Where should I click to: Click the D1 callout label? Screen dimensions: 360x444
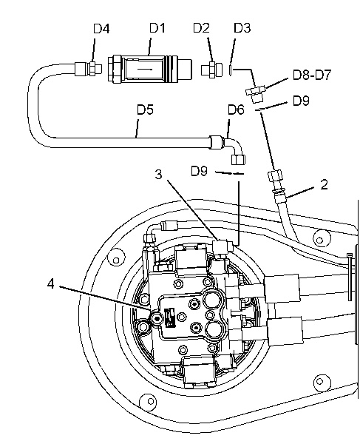click(157, 28)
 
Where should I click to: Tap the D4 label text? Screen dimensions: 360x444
click(101, 29)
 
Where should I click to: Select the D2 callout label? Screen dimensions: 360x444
click(201, 28)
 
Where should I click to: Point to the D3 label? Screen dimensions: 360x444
click(242, 28)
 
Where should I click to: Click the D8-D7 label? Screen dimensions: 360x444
click(312, 75)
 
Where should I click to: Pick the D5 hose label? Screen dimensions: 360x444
click(145, 110)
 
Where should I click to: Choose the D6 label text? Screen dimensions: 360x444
click(236, 110)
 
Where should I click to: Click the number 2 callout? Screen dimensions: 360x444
click(324, 184)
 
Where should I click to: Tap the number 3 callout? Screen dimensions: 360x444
click(159, 174)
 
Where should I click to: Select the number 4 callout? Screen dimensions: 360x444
click(50, 283)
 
